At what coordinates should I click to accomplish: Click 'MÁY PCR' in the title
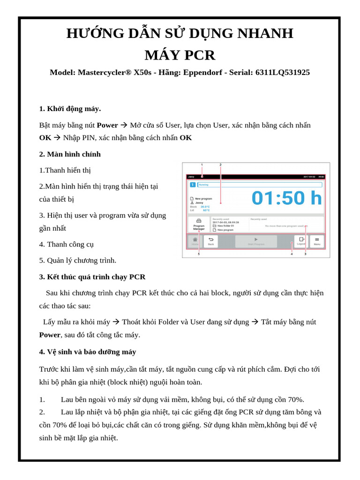(180, 55)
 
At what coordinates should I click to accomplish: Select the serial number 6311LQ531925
(282, 73)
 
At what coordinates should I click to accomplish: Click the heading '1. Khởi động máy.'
(70, 109)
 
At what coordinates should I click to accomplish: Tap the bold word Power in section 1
(107, 125)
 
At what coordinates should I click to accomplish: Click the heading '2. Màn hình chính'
(70, 154)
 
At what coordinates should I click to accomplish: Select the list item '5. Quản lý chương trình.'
(78, 260)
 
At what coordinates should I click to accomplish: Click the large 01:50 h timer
(286, 198)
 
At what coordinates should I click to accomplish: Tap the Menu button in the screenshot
(317, 241)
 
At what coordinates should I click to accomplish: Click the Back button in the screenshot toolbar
(211, 241)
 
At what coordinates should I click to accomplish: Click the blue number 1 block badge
(192, 185)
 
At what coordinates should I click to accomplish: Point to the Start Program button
(256, 241)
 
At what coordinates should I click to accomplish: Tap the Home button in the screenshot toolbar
(195, 241)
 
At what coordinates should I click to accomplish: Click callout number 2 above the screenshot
(220, 165)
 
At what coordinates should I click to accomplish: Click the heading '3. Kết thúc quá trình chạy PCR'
(92, 277)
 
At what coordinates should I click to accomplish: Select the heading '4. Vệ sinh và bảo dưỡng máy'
(88, 352)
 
